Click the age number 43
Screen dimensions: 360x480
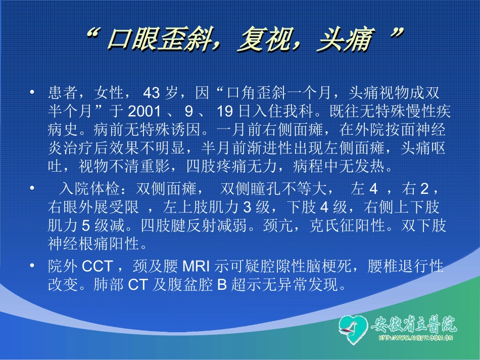(x=152, y=93)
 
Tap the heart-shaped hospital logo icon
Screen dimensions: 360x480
(x=353, y=329)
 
